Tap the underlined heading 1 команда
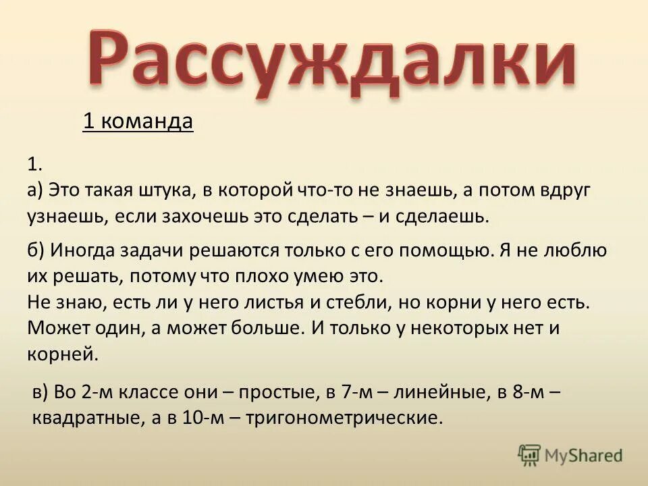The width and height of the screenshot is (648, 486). click(138, 122)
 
